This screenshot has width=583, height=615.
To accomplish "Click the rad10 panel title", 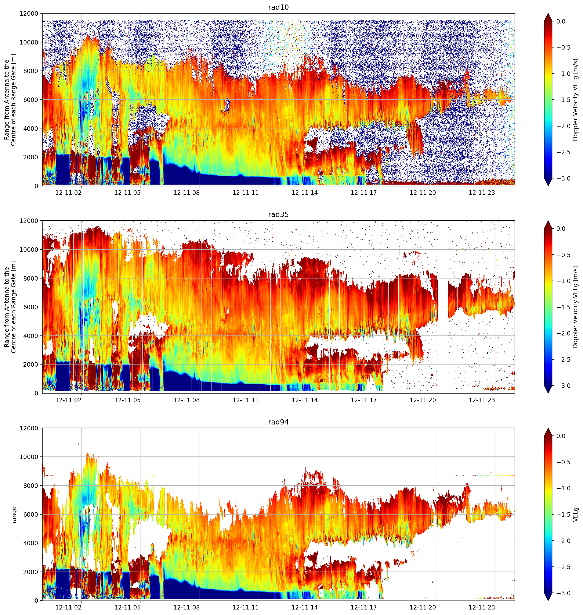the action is pos(278,7).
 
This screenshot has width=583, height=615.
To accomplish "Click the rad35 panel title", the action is pos(278,214).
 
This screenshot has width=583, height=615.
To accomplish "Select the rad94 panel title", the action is pos(278,422).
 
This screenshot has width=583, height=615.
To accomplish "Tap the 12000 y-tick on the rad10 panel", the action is pos(29,14).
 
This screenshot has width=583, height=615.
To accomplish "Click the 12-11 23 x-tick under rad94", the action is pos(482,607).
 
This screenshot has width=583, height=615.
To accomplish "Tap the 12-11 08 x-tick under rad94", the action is pos(187,607).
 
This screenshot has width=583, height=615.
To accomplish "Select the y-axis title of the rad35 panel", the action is pos(10,307).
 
